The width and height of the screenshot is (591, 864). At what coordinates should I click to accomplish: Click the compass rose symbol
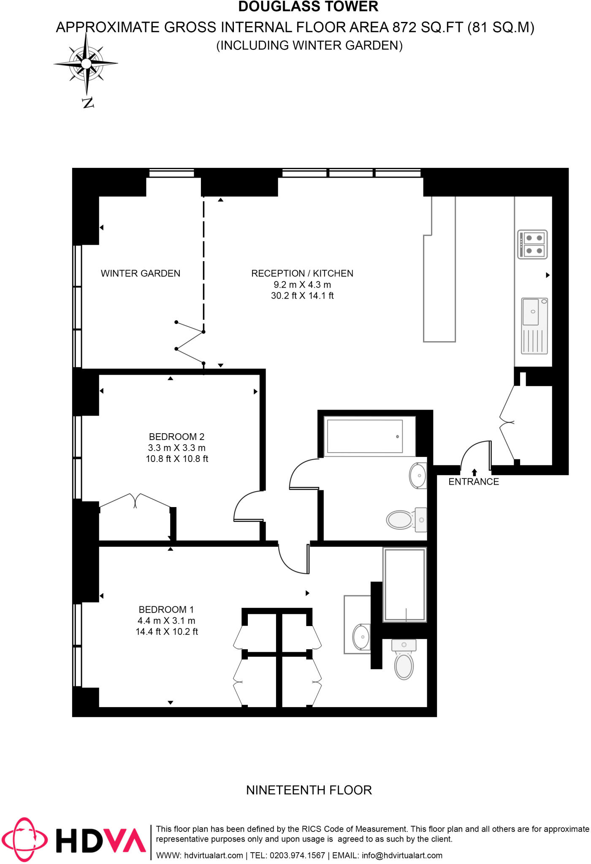86,64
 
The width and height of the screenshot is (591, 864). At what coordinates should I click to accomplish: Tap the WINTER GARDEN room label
141,273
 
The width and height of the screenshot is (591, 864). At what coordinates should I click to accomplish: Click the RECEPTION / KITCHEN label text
302,273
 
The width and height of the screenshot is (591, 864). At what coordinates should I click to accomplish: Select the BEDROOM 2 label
176,437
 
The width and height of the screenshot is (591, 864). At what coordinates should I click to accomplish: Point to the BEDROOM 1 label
166,610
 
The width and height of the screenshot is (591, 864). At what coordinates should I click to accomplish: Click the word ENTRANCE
474,482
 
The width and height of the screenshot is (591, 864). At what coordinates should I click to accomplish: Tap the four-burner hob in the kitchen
532,244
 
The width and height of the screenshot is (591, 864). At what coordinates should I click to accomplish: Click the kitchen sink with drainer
534,325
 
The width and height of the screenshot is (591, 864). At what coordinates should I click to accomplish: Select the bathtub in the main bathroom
365,436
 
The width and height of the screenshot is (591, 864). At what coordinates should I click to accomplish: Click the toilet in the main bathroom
401,519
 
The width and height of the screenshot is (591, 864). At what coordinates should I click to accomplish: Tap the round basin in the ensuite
361,637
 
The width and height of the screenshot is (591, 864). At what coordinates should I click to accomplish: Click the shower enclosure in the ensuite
404,584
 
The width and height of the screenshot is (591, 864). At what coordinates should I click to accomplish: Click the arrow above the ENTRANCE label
474,472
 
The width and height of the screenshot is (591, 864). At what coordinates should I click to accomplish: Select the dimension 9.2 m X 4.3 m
302,285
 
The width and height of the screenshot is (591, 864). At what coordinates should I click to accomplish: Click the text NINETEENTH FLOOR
309,790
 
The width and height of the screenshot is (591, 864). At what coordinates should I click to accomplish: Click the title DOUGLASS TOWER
308,7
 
